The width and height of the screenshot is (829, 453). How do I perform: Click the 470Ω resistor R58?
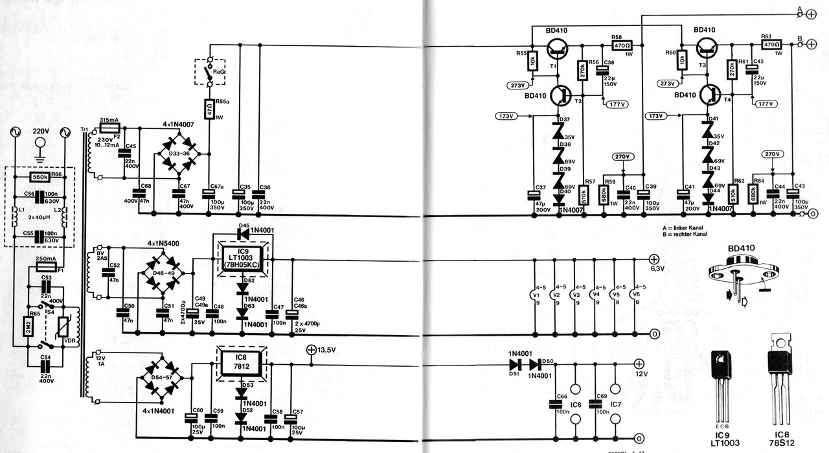pos(622,45)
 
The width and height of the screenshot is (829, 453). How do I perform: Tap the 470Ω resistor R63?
pos(771,45)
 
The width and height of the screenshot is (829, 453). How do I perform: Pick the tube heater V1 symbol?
pos(534,294)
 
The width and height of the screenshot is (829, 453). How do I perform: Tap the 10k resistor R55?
pos(532,61)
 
